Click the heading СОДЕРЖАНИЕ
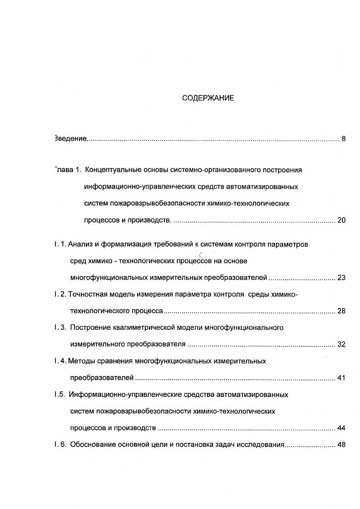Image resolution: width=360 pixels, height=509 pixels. [208, 98]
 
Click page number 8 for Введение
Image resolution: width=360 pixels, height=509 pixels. [344, 139]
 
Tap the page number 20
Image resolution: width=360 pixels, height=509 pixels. [341, 220]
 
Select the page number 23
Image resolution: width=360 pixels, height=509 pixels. [341, 278]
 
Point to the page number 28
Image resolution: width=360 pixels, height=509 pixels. [341, 311]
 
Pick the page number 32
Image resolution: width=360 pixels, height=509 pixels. [341, 344]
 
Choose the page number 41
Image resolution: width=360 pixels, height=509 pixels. [341, 377]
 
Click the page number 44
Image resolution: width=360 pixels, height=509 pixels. [341, 428]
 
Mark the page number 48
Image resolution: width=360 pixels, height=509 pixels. [341, 445]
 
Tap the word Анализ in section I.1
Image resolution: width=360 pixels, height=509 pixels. [81, 245]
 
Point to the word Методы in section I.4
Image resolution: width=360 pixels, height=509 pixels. [80, 361]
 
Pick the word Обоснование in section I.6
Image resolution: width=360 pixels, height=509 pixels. [92, 445]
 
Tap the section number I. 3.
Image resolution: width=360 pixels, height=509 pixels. [59, 328]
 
